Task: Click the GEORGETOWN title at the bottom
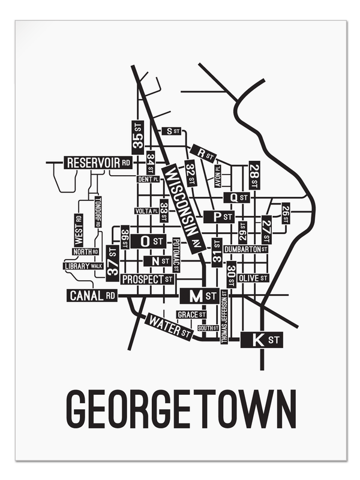pos(180,409)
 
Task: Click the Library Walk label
pos(83,265)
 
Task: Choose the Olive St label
pos(253,278)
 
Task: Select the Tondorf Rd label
pos(97,212)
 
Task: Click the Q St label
pos(236,197)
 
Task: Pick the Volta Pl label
pos(146,211)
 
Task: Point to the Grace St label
pos(191,314)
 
